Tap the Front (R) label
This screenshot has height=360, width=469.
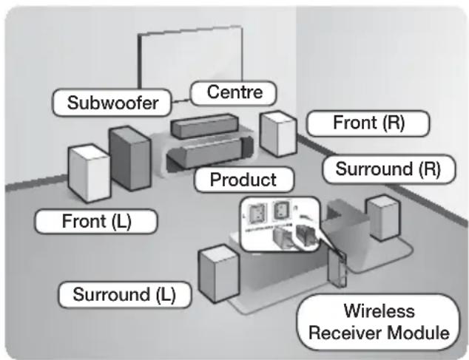point(368,123)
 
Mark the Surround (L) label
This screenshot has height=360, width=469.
point(124,294)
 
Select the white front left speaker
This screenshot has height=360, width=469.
point(88,173)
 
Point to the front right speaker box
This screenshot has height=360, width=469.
point(278,134)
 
